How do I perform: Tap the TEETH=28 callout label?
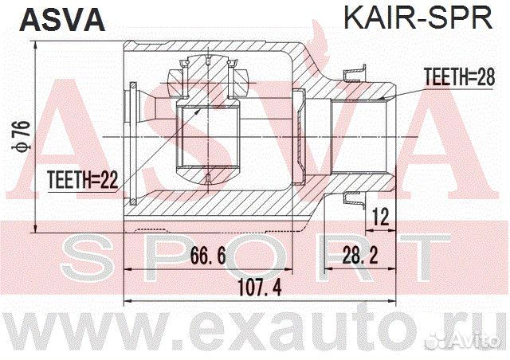tap(453, 78)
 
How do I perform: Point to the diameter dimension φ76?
tap(24, 134)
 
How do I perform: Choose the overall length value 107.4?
tap(259, 290)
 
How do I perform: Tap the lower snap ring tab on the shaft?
tap(351, 200)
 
